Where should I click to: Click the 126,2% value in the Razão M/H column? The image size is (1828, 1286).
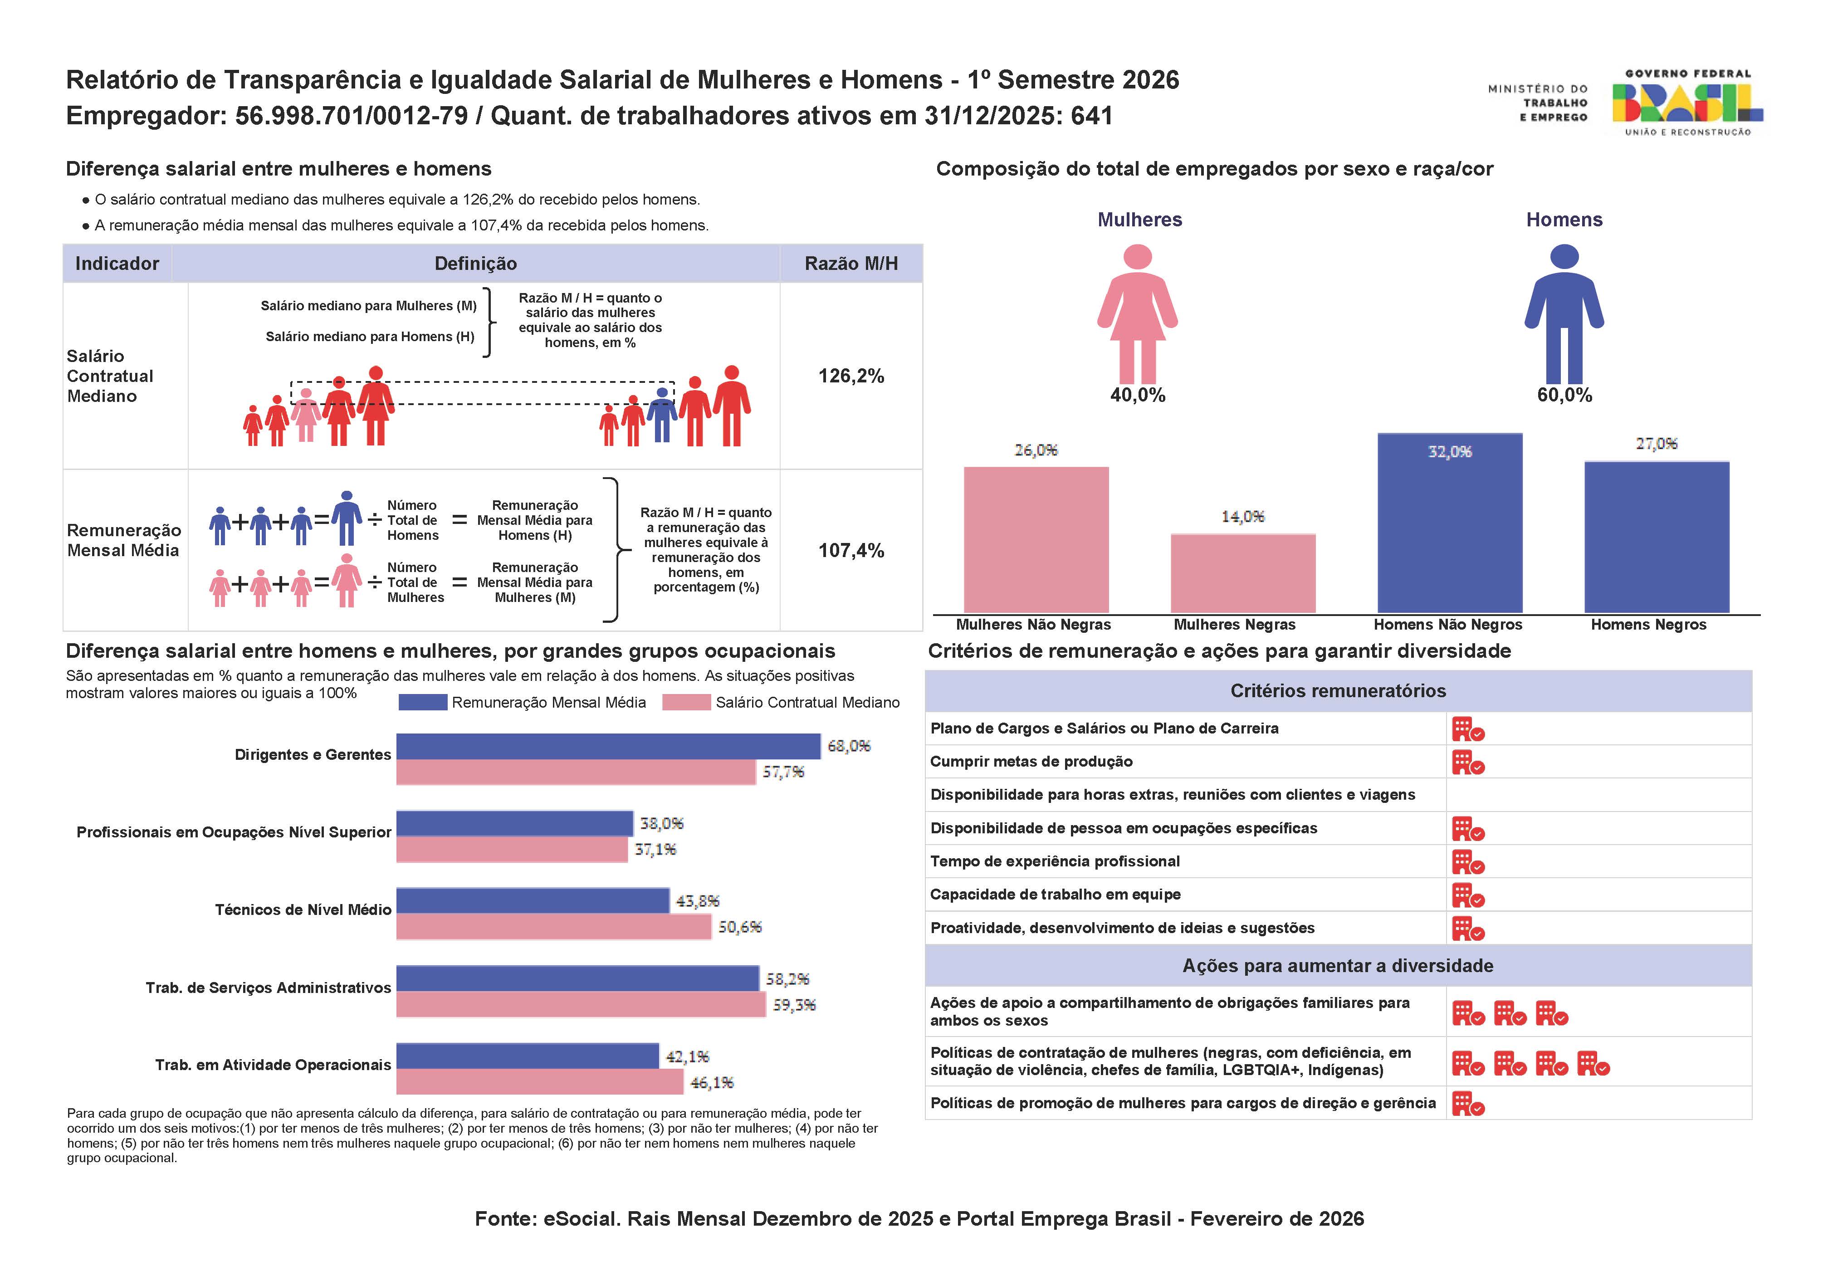[850, 376]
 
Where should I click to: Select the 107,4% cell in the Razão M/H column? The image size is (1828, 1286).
[850, 550]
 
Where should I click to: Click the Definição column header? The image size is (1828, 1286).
[475, 264]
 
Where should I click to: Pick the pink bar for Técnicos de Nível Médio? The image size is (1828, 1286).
[553, 927]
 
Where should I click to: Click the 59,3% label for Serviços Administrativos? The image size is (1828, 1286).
[794, 1005]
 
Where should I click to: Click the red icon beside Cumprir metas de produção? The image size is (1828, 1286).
[1467, 763]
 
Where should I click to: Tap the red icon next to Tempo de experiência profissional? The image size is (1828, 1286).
[1467, 862]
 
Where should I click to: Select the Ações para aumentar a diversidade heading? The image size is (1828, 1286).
[1338, 966]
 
